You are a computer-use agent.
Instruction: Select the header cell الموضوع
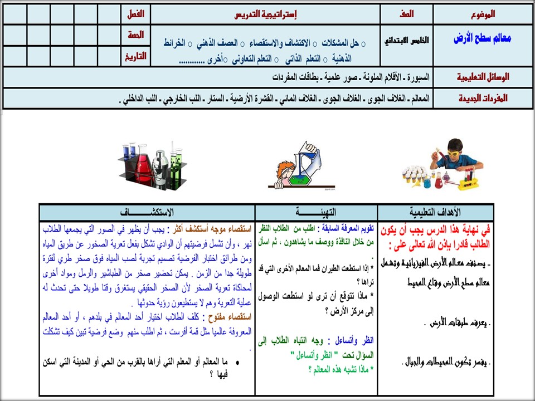tap(482, 14)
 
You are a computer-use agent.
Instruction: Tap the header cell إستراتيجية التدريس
tap(264, 14)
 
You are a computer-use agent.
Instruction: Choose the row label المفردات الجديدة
tap(483, 98)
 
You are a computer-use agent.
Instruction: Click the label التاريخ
tap(135, 56)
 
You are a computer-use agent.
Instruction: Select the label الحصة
tap(135, 35)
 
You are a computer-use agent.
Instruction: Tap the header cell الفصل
tap(135, 14)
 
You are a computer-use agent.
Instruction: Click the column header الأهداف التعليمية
tap(435, 212)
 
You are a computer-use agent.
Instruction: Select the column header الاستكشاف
tap(147, 212)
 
